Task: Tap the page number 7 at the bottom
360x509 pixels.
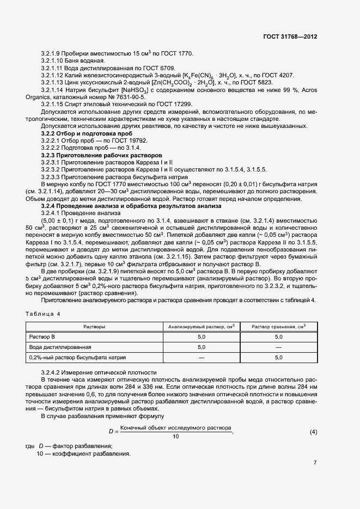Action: tap(315, 463)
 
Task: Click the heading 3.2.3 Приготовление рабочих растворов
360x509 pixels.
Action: tap(98, 155)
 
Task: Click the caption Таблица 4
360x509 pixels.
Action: tap(43, 314)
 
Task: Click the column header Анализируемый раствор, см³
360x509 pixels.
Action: tap(202, 327)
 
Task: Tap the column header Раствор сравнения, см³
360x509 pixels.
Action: tap(278, 327)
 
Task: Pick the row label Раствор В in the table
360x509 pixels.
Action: tap(42, 337)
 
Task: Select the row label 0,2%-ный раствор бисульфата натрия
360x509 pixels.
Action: tap(77, 358)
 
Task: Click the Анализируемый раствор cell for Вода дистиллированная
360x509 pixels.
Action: tap(202, 347)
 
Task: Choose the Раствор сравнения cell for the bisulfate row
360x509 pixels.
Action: tap(278, 358)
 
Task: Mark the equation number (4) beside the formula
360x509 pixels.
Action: tap(313, 432)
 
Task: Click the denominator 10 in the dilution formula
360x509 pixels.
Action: tap(175, 437)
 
